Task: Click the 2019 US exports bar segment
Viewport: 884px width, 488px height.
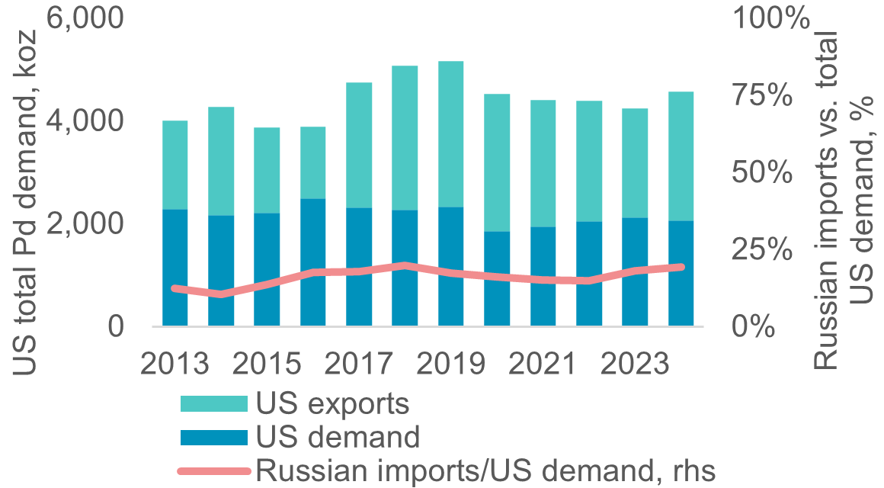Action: pos(451,133)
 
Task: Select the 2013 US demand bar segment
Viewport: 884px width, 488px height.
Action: pos(175,267)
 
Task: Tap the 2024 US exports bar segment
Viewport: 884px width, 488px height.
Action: pos(681,156)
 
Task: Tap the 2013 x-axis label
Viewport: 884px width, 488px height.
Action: pos(175,364)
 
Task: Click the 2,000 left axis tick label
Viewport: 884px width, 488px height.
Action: pos(85,224)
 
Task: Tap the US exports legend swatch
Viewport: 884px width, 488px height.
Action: pos(213,404)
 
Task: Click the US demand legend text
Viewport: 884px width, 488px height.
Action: pos(338,438)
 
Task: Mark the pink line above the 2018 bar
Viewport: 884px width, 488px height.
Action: pos(405,265)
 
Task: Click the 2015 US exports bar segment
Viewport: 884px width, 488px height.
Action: pos(267,170)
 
